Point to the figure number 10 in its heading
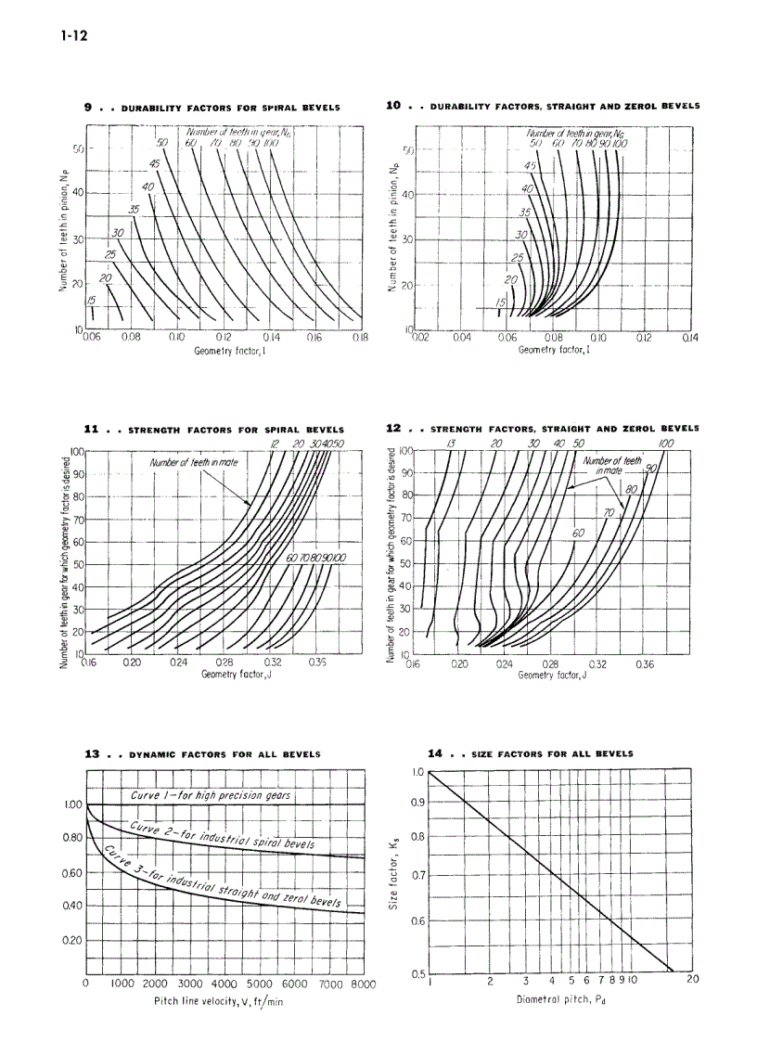pyautogui.click(x=393, y=107)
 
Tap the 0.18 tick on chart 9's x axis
pyautogui.click(x=361, y=339)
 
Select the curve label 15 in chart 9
pyautogui.click(x=91, y=300)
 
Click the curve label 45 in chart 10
pyautogui.click(x=532, y=165)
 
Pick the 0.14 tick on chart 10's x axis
pyautogui.click(x=689, y=339)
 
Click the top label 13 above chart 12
pyautogui.click(x=451, y=444)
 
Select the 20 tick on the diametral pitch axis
pyautogui.click(x=691, y=980)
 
